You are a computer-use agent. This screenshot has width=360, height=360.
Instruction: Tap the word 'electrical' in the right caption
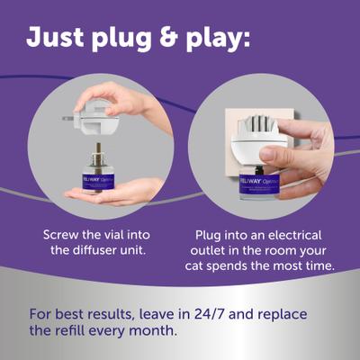[301, 235]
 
